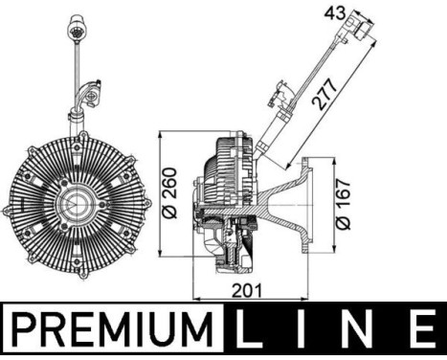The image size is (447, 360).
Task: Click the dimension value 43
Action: point(334,12)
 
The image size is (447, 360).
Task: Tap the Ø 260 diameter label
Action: point(169,202)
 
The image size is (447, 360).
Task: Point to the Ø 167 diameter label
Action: point(345,203)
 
